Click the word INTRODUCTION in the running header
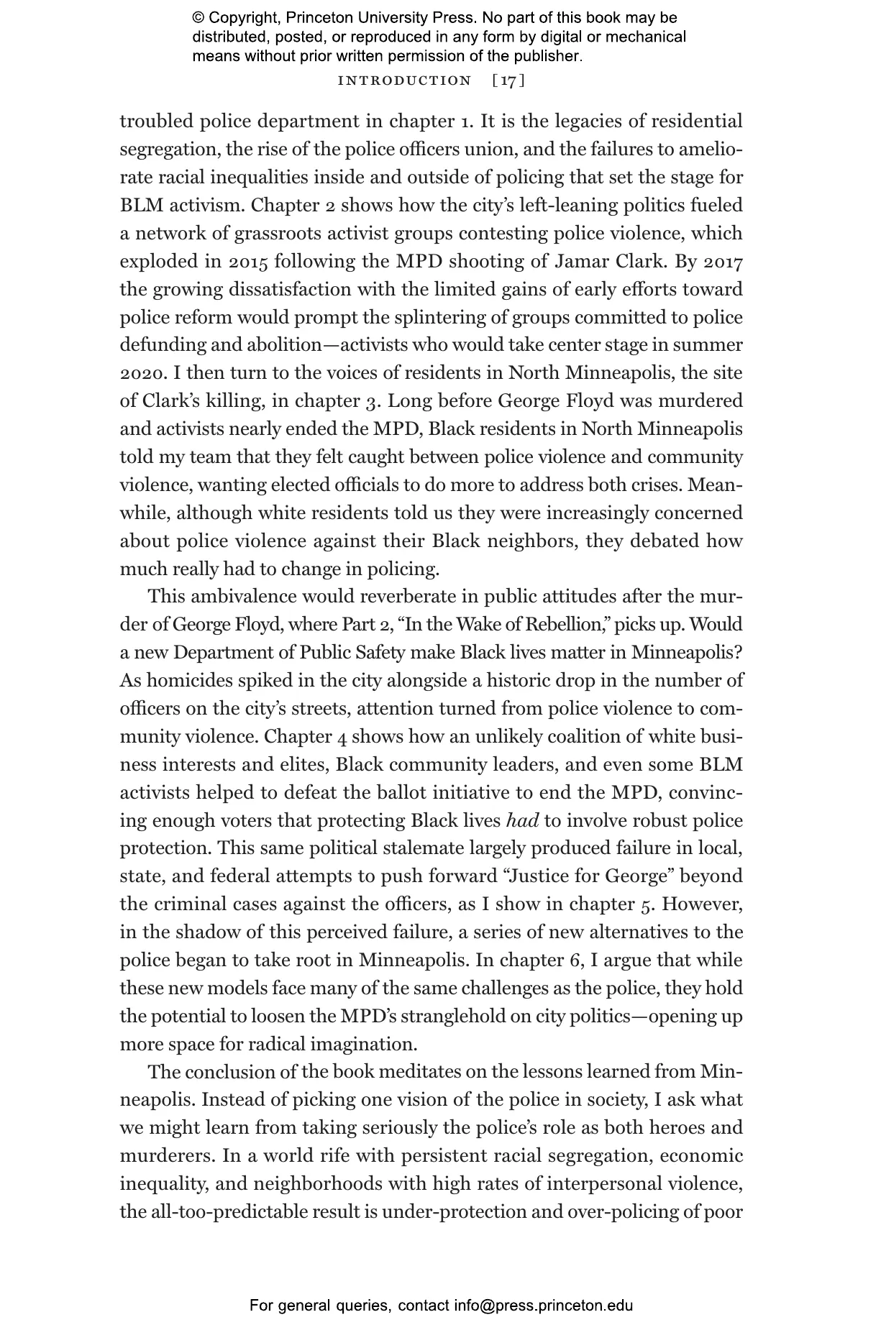point(404,81)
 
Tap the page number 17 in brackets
point(508,81)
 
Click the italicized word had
point(523,820)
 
